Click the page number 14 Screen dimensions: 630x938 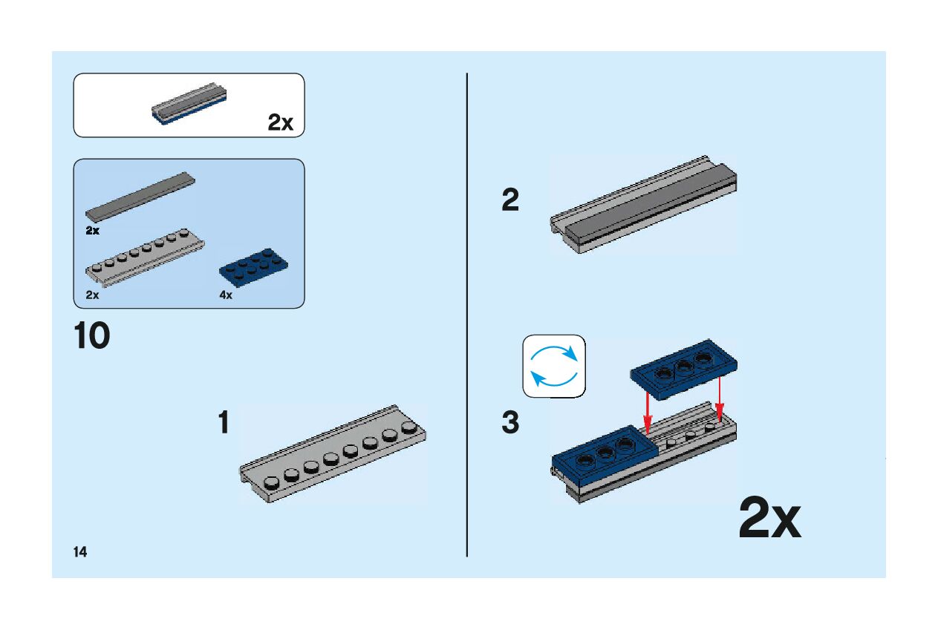tap(79, 551)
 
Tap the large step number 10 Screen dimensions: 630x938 tap(92, 336)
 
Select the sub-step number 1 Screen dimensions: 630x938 tap(223, 423)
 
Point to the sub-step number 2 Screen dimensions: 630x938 tap(510, 200)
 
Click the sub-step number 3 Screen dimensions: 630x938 tap(510, 423)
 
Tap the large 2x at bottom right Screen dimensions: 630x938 tap(769, 519)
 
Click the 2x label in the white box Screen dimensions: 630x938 tap(281, 123)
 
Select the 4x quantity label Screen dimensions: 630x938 tap(226, 295)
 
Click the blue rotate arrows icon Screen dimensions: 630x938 tap(554, 365)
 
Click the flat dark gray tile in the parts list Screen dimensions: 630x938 tap(141, 194)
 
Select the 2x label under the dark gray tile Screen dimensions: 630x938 tap(92, 231)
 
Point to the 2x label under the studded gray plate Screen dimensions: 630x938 tap(92, 295)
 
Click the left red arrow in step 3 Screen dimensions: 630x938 tap(648, 414)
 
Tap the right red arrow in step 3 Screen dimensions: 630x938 tap(719, 401)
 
